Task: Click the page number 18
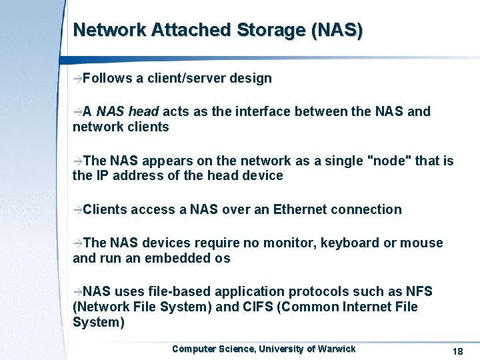coord(457,351)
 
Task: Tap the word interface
coord(249,111)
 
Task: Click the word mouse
coord(421,243)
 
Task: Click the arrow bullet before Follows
coord(77,79)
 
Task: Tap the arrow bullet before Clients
coord(77,210)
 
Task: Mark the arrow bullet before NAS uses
coord(77,292)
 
